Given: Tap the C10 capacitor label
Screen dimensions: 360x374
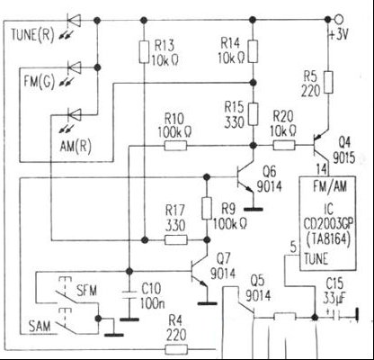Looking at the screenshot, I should pyautogui.click(x=151, y=288).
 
